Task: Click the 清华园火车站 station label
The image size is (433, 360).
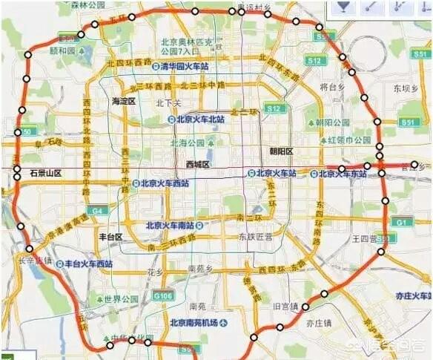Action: coord(186,66)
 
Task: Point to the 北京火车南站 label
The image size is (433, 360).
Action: coord(173,225)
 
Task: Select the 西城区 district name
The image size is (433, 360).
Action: coord(198,164)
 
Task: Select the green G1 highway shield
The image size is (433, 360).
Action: coord(401,222)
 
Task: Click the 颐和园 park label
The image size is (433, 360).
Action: coord(63,52)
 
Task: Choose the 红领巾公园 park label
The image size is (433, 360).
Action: coord(351,140)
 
